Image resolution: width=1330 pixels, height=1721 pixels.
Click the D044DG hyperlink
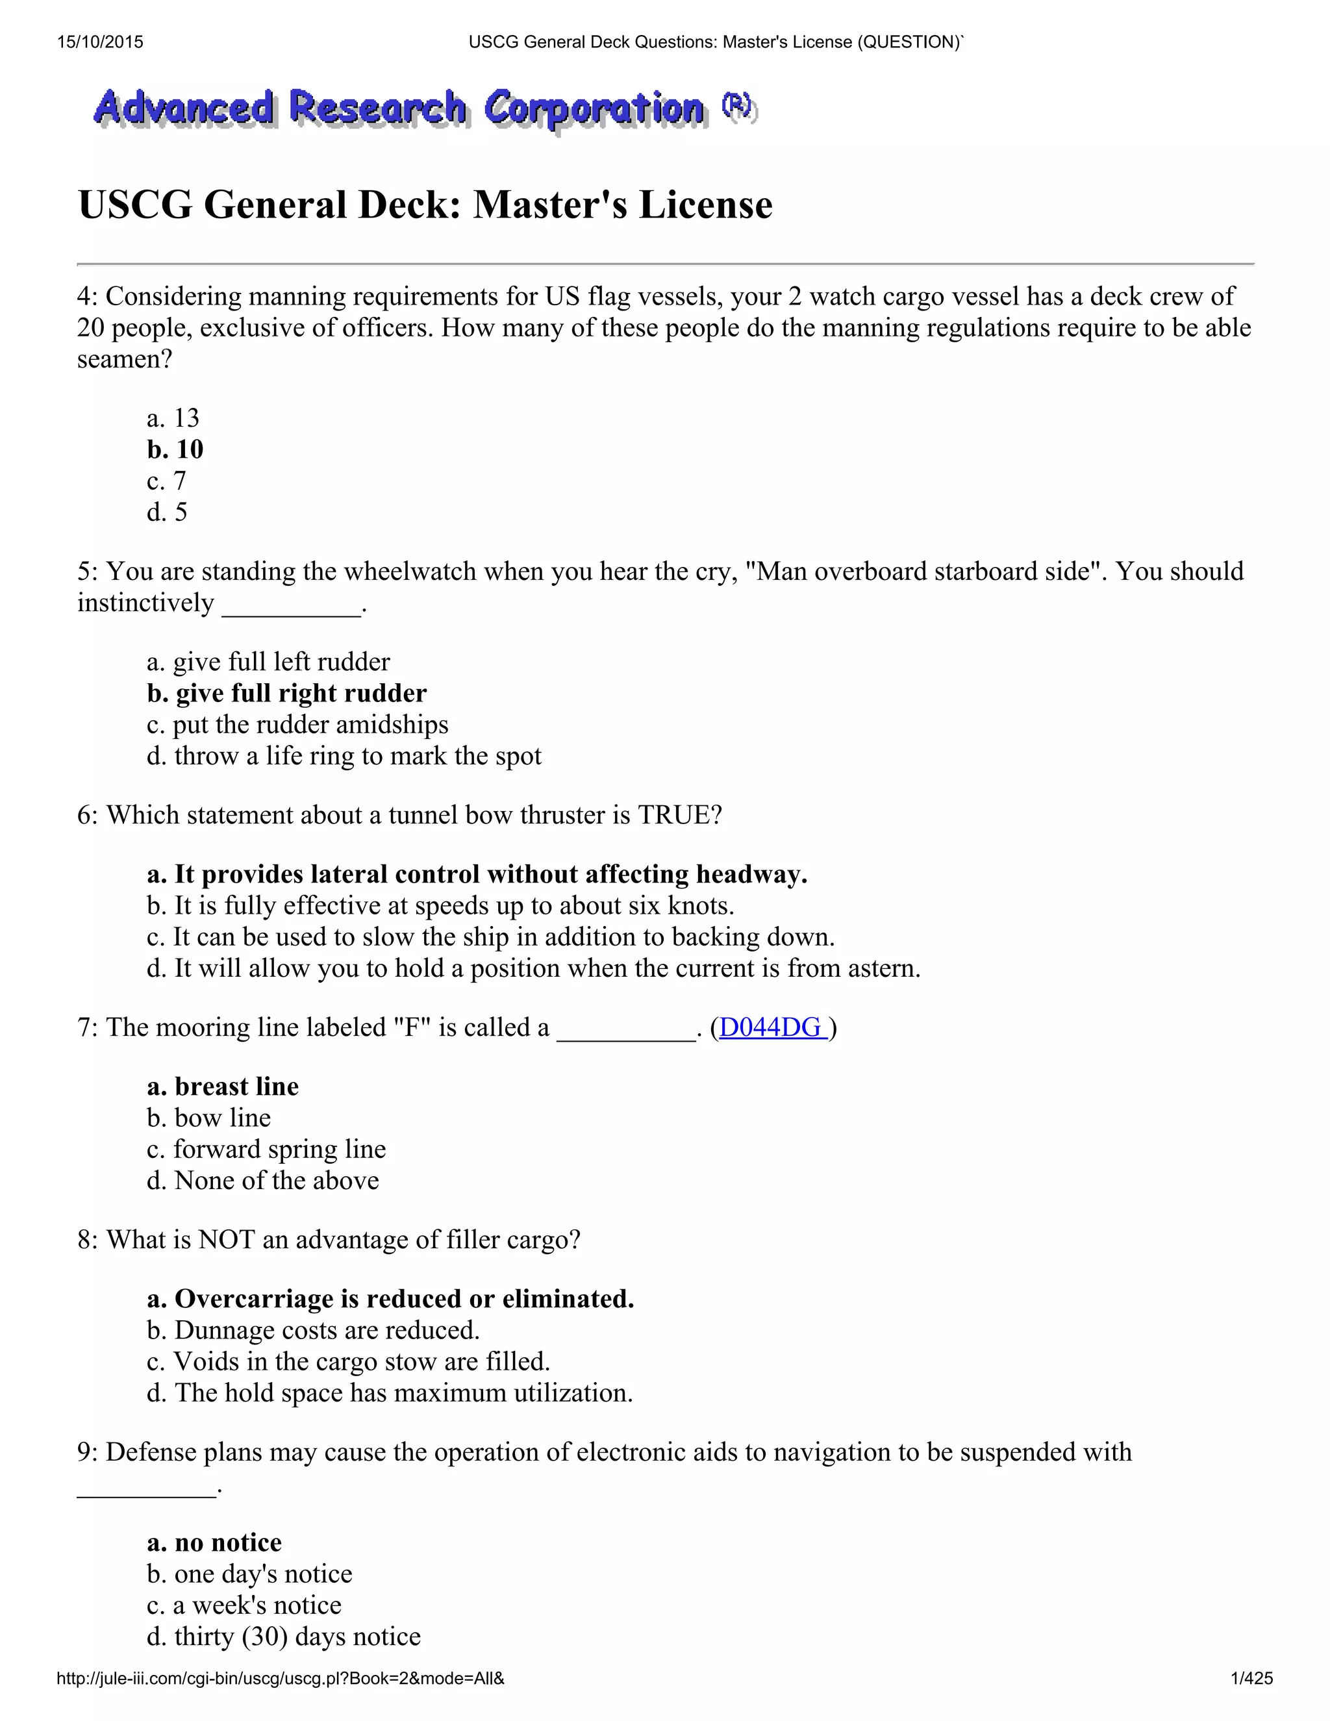pyautogui.click(x=772, y=1027)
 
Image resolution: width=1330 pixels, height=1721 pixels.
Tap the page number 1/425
pyautogui.click(x=1251, y=1678)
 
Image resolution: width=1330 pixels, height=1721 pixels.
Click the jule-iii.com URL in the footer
pyautogui.click(x=281, y=1678)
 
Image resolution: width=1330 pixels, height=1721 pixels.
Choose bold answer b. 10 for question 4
pyautogui.click(x=175, y=450)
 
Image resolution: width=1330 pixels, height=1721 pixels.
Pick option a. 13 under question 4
pyautogui.click(x=173, y=418)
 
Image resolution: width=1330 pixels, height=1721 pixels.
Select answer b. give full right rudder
pyautogui.click(x=287, y=694)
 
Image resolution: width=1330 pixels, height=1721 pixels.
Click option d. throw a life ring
pyautogui.click(x=344, y=757)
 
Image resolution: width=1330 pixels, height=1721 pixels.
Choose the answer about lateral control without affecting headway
pyautogui.click(x=477, y=875)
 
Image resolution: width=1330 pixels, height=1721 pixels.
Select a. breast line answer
pyautogui.click(x=223, y=1087)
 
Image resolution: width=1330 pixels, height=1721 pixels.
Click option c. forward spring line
pyautogui.click(x=266, y=1149)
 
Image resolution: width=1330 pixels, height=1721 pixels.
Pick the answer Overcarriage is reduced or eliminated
pyautogui.click(x=391, y=1300)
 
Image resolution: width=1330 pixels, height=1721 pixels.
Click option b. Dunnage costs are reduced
pyautogui.click(x=313, y=1331)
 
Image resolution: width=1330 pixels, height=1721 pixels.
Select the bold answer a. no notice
pyautogui.click(x=214, y=1543)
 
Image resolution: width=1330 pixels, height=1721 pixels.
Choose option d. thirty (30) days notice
pyautogui.click(x=284, y=1637)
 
